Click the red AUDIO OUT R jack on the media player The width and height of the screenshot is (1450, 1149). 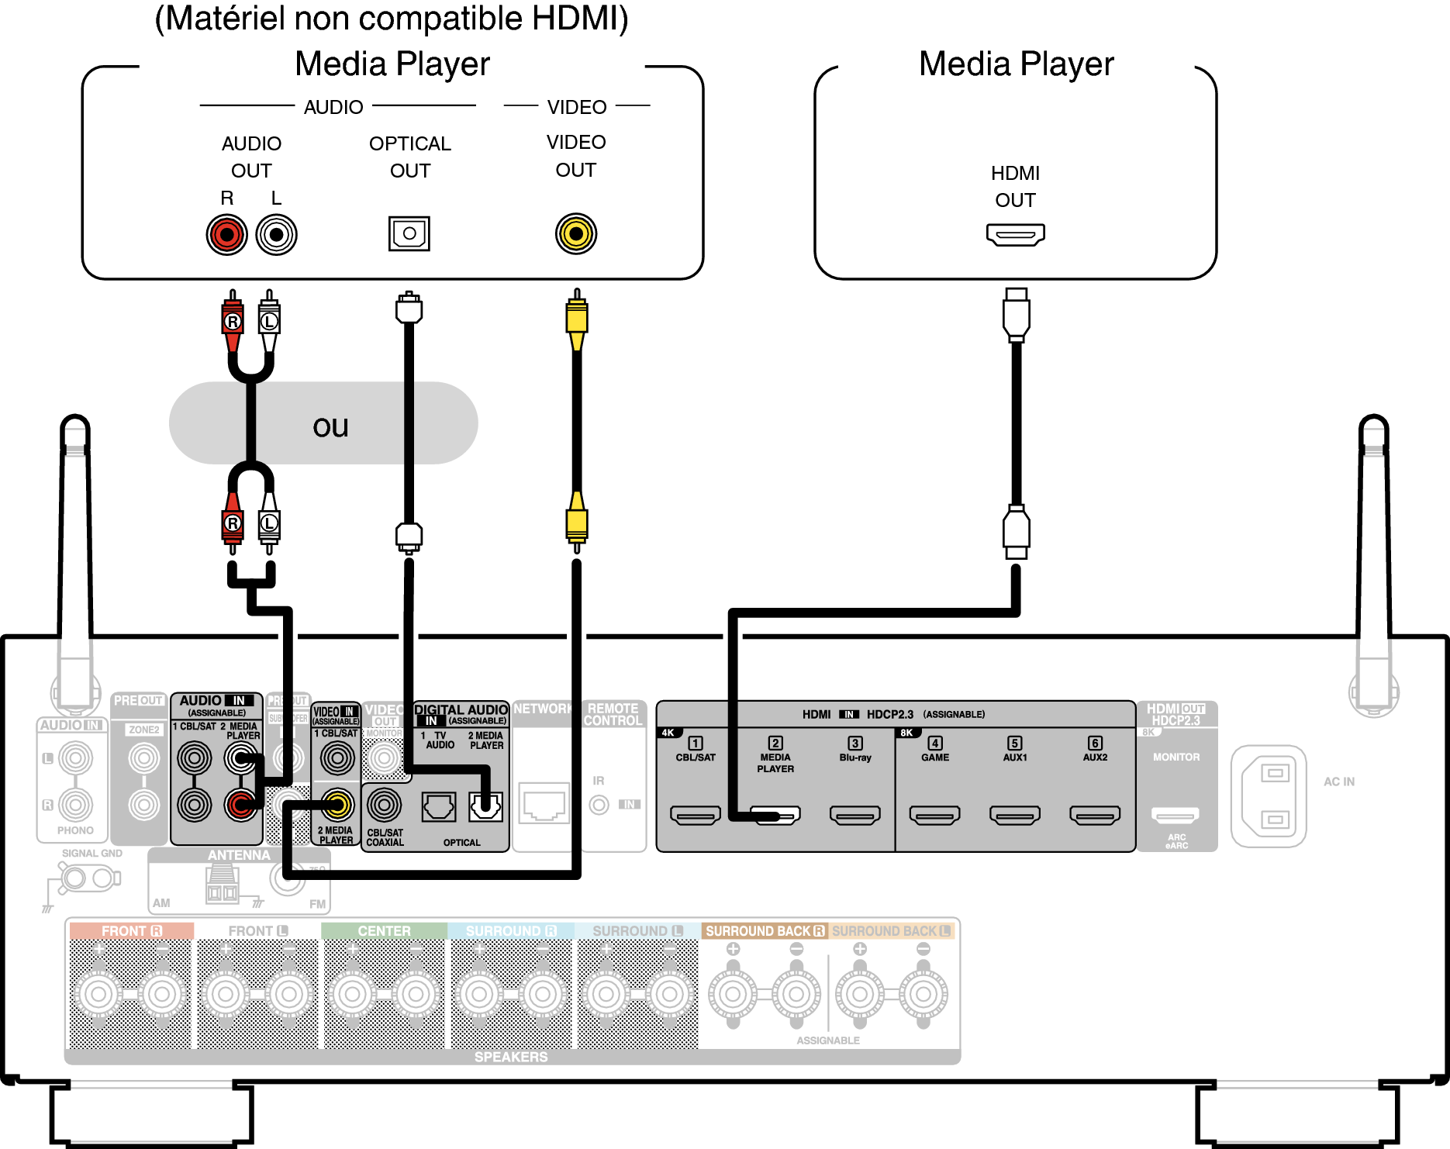[x=226, y=234]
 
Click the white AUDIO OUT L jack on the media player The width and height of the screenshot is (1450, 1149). [x=276, y=234]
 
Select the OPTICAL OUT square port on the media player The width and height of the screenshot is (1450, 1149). [x=409, y=233]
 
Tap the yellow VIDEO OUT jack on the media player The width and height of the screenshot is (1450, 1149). [x=575, y=233]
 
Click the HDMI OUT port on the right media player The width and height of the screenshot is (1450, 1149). [x=1015, y=233]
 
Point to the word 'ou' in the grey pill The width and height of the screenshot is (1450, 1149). [x=330, y=426]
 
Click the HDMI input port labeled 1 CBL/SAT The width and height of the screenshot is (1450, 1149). [x=695, y=815]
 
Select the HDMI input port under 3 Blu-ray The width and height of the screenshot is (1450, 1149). [x=854, y=815]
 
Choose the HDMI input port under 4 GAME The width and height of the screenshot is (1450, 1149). [x=934, y=815]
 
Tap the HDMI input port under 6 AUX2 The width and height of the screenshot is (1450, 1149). [x=1094, y=815]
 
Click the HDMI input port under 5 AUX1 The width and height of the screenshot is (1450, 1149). [x=1014, y=815]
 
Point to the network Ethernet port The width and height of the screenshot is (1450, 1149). [x=543, y=803]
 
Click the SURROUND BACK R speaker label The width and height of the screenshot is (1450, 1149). [x=764, y=930]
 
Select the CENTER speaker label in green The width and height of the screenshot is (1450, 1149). [x=384, y=930]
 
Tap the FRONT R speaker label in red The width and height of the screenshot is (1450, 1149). [x=131, y=930]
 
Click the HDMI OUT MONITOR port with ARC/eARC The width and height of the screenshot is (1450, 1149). [x=1175, y=815]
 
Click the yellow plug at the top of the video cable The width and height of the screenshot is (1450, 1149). [x=576, y=319]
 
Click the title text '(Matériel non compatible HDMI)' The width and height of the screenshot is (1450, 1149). [x=392, y=19]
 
